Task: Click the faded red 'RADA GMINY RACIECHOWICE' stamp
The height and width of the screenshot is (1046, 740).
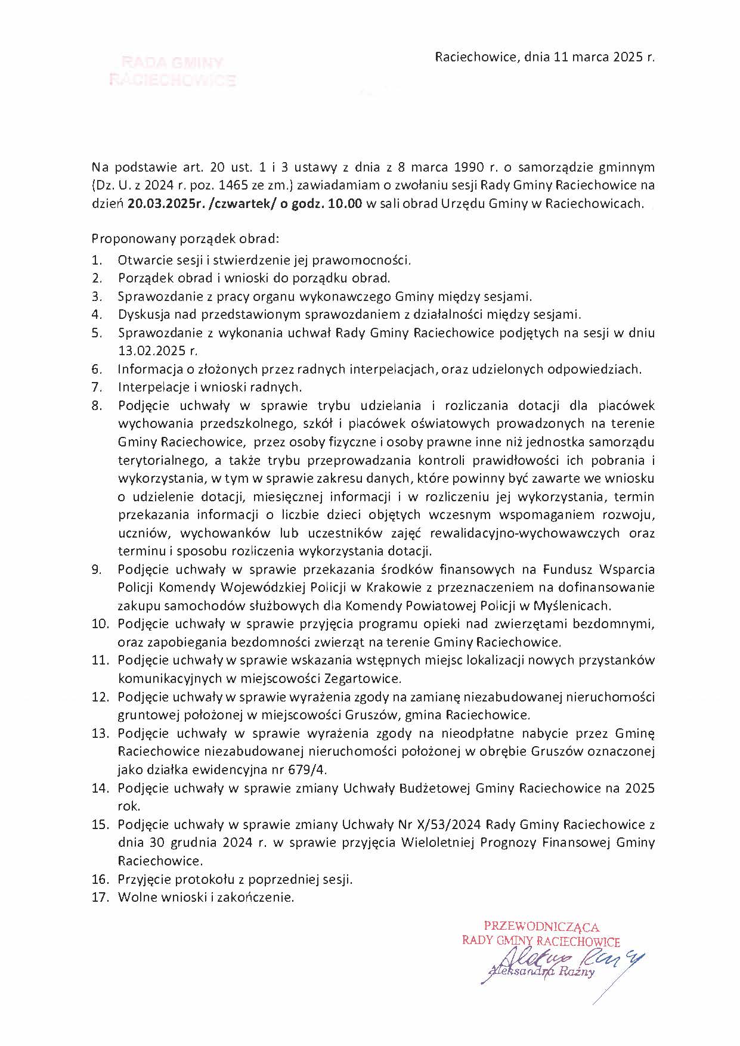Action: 172,72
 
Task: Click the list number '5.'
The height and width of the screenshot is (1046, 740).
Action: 97,333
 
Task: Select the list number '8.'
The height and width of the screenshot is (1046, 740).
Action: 97,406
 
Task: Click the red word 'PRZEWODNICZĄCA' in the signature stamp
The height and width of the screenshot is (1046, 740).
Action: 541,927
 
